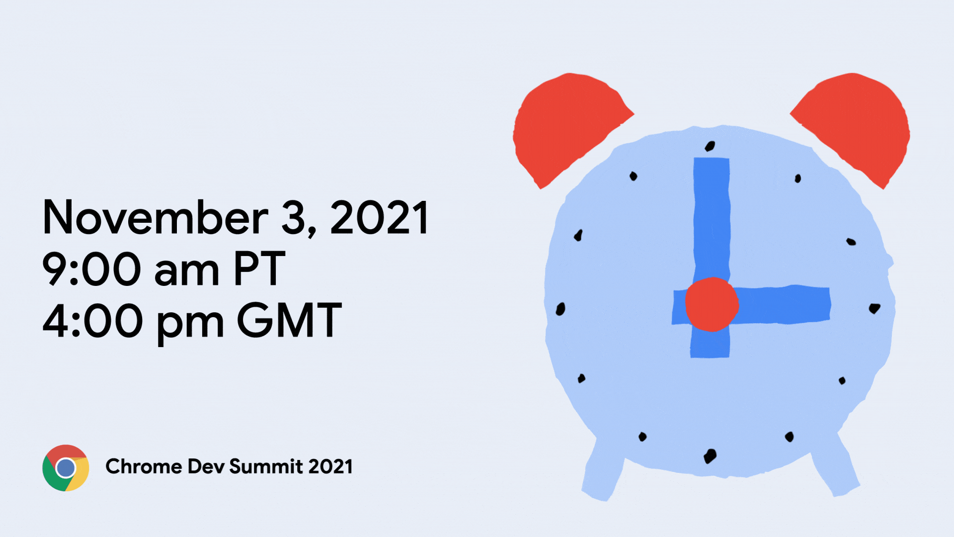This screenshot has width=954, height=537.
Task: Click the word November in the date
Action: (156, 217)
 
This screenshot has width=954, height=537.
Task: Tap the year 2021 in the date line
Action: (379, 217)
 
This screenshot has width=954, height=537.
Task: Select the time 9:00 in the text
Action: (92, 269)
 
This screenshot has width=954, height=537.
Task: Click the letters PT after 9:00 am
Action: (259, 269)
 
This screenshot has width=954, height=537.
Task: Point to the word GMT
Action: (290, 320)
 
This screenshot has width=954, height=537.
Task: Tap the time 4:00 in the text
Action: (93, 320)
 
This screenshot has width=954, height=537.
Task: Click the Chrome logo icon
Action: (66, 468)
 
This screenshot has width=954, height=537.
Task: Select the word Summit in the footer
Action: (266, 466)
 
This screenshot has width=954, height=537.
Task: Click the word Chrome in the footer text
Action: (144, 466)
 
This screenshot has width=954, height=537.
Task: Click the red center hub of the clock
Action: (712, 304)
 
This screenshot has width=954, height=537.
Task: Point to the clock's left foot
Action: (602, 470)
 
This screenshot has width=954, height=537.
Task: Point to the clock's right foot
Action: (835, 467)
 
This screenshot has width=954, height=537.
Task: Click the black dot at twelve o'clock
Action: (710, 146)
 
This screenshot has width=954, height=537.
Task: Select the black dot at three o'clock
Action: (874, 309)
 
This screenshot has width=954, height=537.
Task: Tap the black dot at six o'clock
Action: (710, 456)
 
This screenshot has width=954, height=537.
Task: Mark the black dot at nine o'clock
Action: (560, 309)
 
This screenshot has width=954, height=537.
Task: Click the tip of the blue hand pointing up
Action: (712, 159)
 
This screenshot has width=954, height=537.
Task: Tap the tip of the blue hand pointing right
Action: (829, 304)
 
